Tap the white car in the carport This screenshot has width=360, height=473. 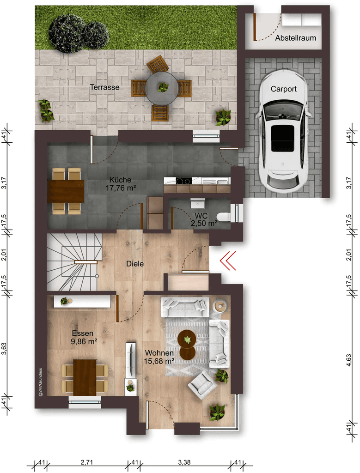[283, 131]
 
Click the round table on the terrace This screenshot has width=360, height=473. [161, 88]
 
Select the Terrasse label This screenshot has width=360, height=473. [105, 87]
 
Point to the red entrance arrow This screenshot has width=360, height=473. [228, 261]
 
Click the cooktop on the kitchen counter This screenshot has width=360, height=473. [183, 181]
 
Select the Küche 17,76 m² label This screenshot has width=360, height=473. [121, 184]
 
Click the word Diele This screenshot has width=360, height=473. [135, 264]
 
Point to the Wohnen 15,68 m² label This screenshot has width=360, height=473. [159, 357]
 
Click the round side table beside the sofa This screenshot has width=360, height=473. [220, 306]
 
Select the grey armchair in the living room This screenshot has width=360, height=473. [202, 385]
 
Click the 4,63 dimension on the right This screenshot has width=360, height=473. [348, 360]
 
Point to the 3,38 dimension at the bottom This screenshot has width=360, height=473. [184, 462]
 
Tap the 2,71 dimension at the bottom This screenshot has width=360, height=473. [87, 462]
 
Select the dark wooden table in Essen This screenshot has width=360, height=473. [85, 377]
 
